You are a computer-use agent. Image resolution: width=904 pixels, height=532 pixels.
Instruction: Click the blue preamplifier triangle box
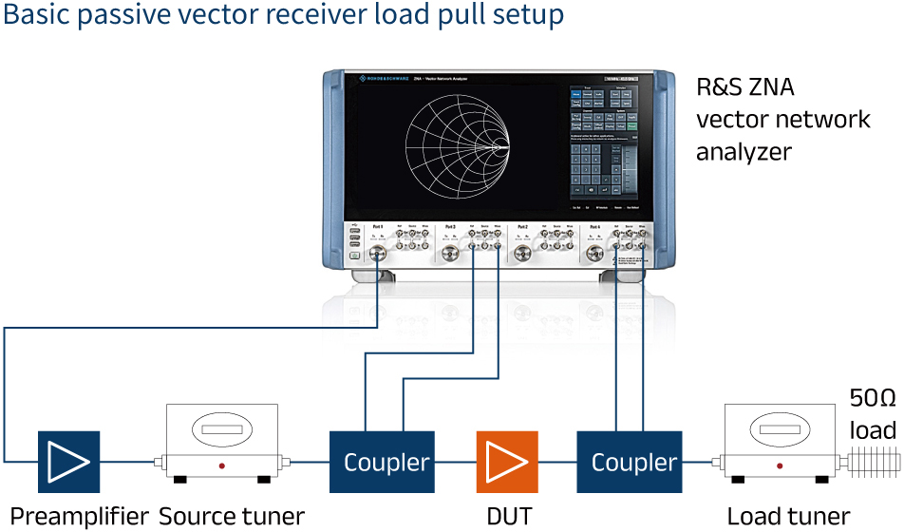pos(69,462)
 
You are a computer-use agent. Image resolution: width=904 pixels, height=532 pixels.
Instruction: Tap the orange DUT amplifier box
pos(507,462)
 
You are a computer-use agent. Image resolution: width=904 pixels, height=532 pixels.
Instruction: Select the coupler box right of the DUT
pos(633,462)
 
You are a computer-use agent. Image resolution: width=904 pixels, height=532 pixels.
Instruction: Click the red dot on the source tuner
pos(222,465)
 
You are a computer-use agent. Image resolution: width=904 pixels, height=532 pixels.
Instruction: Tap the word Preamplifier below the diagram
pos(80,516)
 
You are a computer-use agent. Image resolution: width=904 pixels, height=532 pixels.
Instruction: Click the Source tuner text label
pos(231,516)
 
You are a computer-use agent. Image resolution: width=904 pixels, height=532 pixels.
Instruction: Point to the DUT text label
pos(508,516)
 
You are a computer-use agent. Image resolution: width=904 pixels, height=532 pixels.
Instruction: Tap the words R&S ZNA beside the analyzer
pos(745,88)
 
